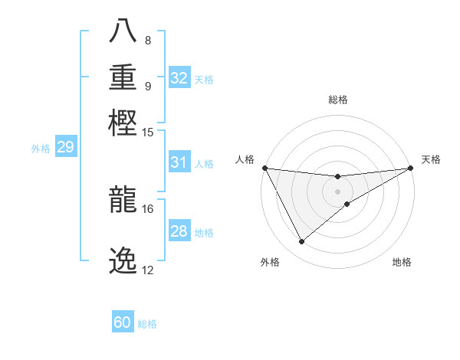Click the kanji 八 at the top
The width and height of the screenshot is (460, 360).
click(123, 30)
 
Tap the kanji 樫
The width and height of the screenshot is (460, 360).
click(123, 120)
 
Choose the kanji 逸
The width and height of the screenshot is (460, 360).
click(123, 260)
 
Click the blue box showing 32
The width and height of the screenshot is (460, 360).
click(179, 78)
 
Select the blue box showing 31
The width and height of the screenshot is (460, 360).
click(179, 162)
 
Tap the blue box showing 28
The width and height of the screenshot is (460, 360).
click(179, 231)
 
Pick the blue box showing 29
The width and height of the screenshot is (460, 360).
click(65, 147)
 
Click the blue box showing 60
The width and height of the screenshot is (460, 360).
click(123, 322)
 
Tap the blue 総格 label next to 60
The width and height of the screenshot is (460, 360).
click(147, 324)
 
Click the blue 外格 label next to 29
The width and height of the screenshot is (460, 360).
click(41, 149)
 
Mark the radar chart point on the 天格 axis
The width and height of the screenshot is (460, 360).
click(411, 168)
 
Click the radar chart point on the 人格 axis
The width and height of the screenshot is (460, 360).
click(264, 168)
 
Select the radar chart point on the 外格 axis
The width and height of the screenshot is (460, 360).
click(301, 242)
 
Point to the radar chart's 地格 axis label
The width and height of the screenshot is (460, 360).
click(402, 263)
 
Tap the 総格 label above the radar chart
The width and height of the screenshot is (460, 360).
click(338, 100)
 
